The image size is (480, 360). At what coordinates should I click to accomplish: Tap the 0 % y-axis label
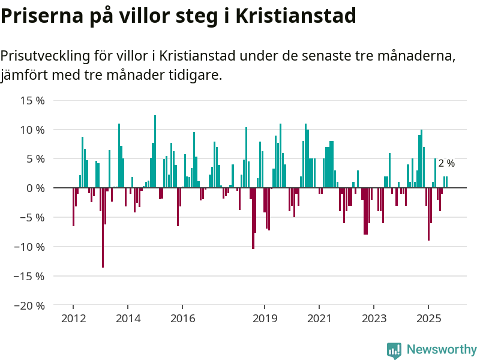tap(35, 188)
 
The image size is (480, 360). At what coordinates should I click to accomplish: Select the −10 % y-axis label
tap(29, 247)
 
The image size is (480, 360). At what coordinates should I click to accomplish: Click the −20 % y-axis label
tap(29, 305)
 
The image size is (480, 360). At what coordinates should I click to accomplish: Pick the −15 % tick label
tap(29, 276)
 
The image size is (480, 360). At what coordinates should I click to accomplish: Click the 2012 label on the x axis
tap(73, 318)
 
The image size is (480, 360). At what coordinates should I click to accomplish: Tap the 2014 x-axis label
tap(128, 318)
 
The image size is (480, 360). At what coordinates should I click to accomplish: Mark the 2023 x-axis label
tap(374, 318)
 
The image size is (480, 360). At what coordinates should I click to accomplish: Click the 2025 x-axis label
tap(428, 318)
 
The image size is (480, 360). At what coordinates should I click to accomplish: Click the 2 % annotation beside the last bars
tap(446, 163)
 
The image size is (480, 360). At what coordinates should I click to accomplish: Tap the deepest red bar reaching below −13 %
tap(103, 228)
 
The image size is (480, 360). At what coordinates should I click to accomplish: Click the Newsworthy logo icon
tap(394, 350)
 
